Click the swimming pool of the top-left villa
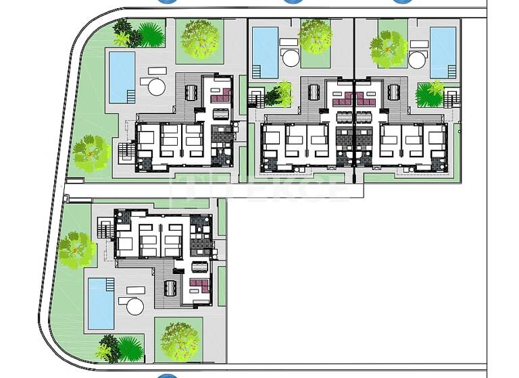[122, 77]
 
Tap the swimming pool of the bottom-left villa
[101, 303]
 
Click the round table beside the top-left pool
[156, 86]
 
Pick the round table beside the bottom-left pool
[134, 306]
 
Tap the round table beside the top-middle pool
[291, 58]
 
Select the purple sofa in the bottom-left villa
[199, 283]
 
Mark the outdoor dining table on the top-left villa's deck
[190, 92]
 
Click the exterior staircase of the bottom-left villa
[105, 230]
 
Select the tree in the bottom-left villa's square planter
[178, 339]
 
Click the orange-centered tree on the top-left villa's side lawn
[91, 153]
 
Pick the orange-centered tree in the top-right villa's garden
[389, 49]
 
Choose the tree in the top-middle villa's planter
[315, 37]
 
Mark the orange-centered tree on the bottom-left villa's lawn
[76, 250]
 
